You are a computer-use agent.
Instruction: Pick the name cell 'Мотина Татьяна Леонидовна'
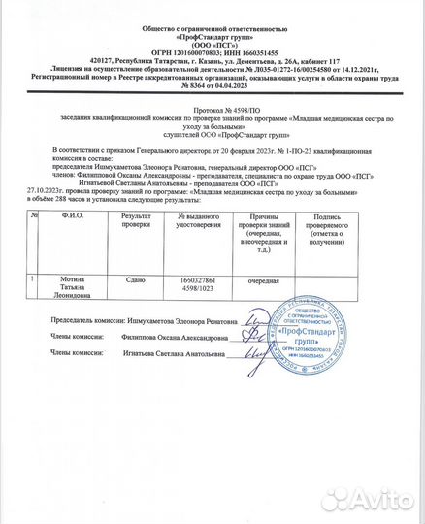tap(55, 286)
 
